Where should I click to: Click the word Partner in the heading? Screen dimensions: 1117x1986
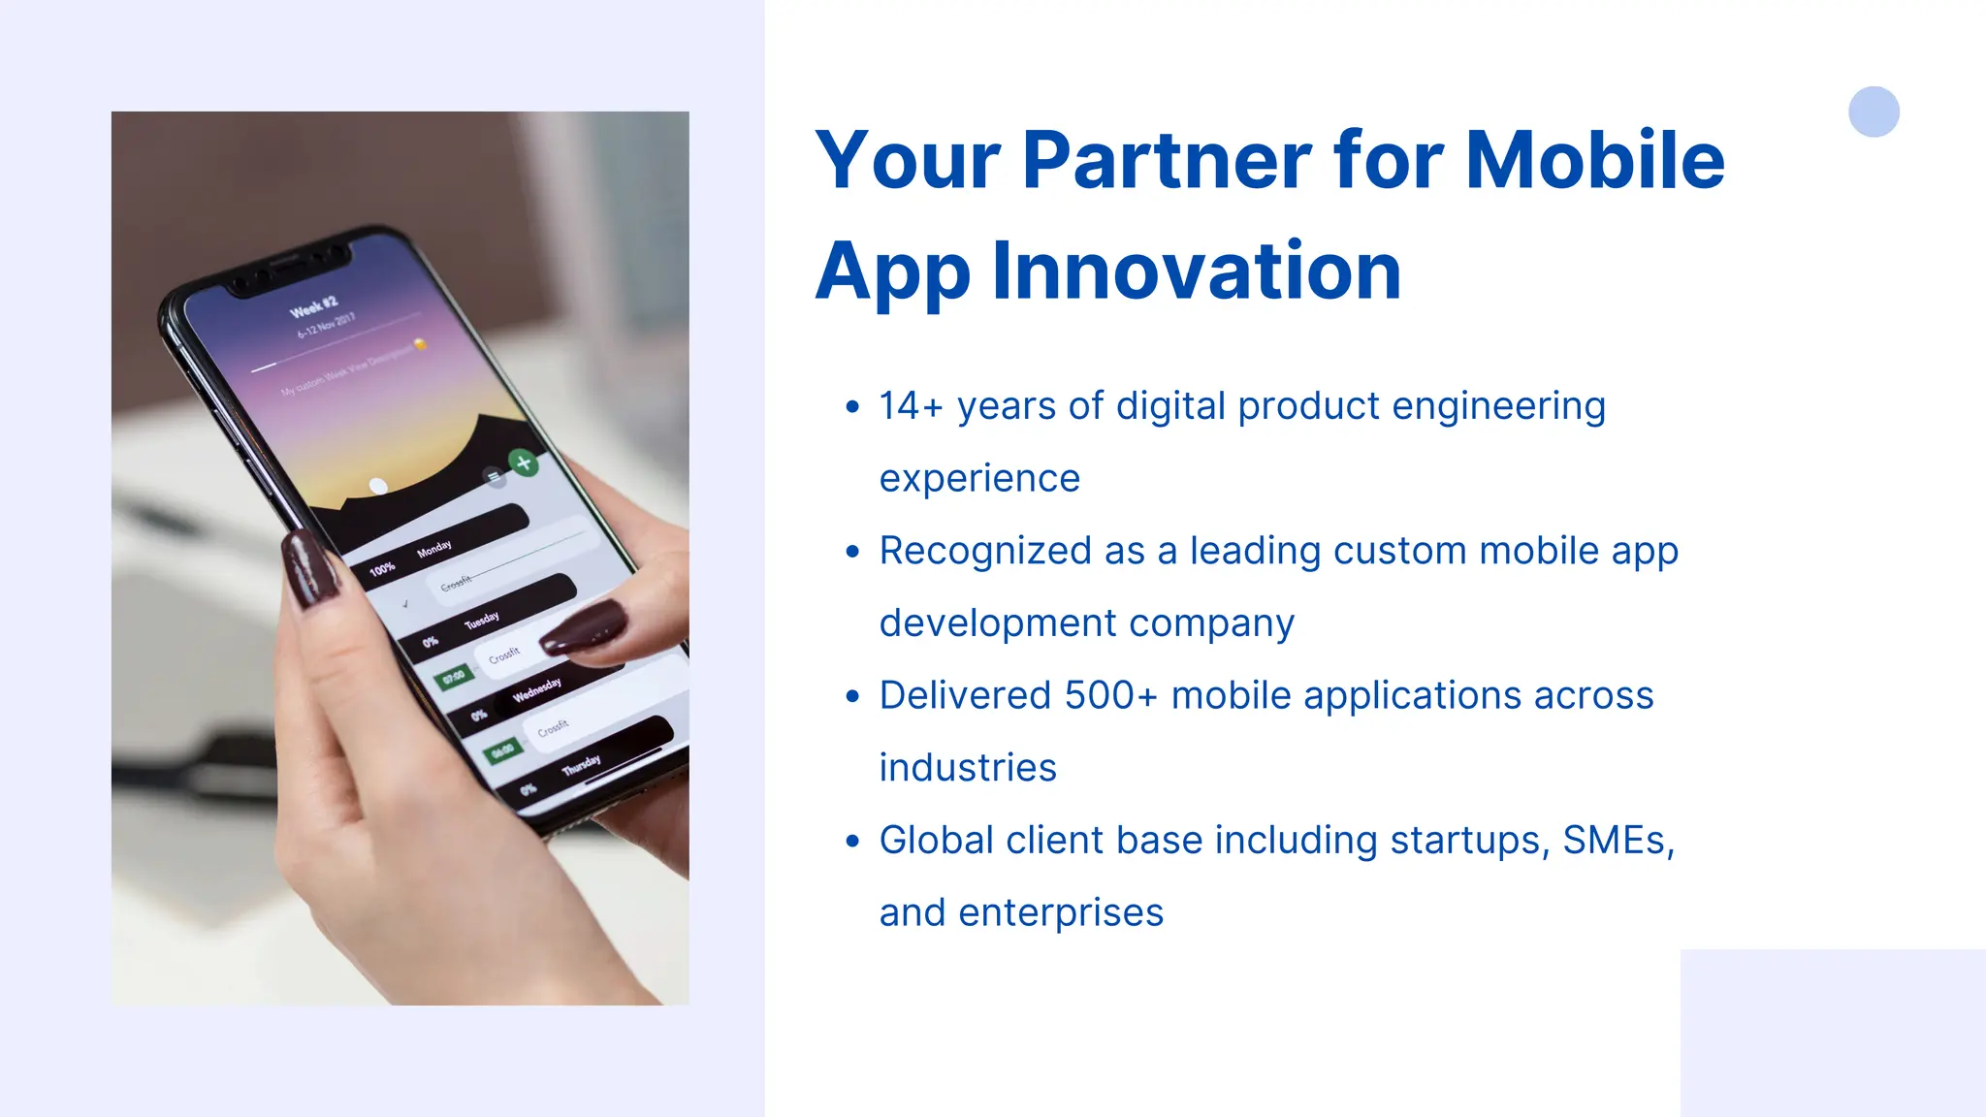[1166, 160]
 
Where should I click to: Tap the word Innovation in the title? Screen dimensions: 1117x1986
[1197, 271]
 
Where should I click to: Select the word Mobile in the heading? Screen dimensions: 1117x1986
[1594, 160]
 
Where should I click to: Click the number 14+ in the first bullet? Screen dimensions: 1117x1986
[911, 406]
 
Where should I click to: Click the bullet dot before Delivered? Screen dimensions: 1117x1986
[852, 696]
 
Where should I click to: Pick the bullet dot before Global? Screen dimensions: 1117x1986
[852, 841]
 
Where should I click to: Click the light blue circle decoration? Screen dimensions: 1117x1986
[1873, 112]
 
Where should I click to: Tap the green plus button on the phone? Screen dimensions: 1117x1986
[524, 463]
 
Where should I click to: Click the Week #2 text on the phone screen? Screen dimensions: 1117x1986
[313, 307]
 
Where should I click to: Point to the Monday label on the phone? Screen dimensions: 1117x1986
[433, 549]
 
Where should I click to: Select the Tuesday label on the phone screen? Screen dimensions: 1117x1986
[481, 620]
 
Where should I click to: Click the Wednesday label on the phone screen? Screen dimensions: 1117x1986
[536, 689]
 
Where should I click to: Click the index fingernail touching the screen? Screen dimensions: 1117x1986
[584, 627]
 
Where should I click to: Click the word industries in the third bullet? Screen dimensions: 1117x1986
[967, 768]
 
